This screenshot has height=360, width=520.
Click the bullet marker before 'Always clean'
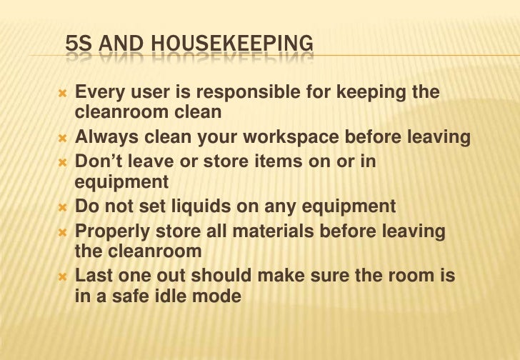(62, 138)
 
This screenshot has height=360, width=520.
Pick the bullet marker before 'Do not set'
(62, 207)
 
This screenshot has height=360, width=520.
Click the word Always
(104, 138)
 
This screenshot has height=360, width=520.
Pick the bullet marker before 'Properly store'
(62, 231)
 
